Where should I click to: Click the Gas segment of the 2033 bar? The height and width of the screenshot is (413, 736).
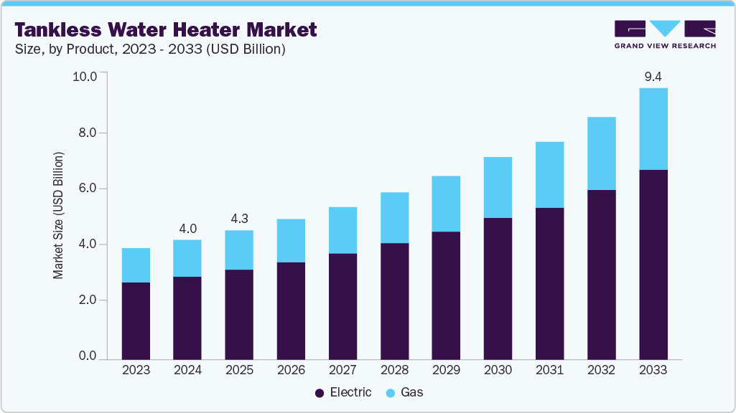pos(653,129)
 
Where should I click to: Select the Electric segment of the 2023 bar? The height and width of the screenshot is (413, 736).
pos(136,321)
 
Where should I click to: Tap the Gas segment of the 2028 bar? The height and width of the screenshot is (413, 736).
pos(394,218)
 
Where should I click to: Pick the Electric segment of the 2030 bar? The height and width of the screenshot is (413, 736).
pos(498,288)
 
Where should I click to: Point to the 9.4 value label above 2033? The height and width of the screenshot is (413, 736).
pos(653,77)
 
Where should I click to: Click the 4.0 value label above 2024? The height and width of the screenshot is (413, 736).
pos(187,229)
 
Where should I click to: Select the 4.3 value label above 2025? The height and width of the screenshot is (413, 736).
pos(239,219)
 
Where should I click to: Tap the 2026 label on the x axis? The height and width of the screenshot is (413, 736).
pos(291,371)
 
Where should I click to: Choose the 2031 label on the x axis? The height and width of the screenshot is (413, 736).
pos(549,371)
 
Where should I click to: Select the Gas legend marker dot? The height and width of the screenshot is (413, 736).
pos(390,393)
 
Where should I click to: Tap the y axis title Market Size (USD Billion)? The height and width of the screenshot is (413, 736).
pos(58,216)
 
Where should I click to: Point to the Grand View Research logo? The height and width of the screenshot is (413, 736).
pos(665,34)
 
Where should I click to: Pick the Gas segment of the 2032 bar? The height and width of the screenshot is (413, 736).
pos(601,153)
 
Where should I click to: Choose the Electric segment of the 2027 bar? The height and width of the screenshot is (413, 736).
pos(343,306)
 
